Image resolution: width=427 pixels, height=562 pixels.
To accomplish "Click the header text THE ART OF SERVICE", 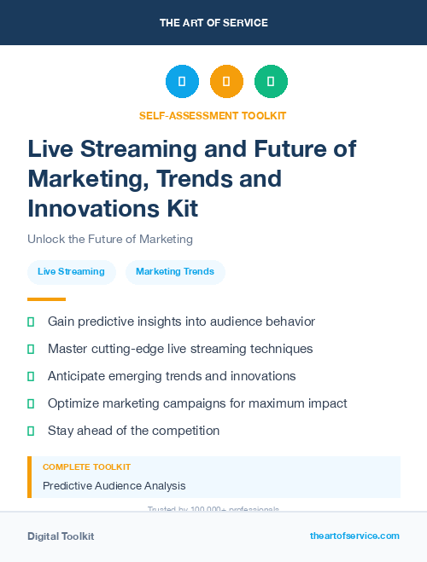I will (213, 23).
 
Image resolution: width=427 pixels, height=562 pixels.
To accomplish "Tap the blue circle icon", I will (182, 82).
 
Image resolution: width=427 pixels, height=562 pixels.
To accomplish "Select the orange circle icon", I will (226, 82).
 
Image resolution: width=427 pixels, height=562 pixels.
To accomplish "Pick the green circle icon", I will (271, 82).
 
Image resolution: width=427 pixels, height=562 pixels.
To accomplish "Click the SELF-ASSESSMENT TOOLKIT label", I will (213, 116).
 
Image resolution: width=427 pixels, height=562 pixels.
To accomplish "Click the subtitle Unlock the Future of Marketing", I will (110, 239).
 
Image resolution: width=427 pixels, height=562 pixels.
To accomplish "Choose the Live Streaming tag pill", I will (71, 272).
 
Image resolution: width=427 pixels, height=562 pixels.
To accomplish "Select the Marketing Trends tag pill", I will (175, 272).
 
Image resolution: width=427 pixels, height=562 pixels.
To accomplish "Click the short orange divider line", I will (46, 299).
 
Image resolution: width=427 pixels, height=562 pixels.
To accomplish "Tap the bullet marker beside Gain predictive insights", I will (31, 322).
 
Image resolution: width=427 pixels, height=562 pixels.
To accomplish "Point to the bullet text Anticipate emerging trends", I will (172, 376).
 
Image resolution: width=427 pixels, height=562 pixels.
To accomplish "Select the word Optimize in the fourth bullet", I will (73, 403).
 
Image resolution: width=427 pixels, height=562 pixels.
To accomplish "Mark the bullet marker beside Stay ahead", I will (31, 432).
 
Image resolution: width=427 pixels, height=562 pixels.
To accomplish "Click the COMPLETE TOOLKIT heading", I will (86, 467).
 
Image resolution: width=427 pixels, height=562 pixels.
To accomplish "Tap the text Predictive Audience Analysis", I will (114, 486).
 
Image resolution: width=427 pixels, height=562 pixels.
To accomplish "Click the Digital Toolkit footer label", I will (61, 536).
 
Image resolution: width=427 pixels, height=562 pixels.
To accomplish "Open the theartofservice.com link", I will (354, 536).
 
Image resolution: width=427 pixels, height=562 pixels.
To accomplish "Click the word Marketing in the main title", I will (82, 179).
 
